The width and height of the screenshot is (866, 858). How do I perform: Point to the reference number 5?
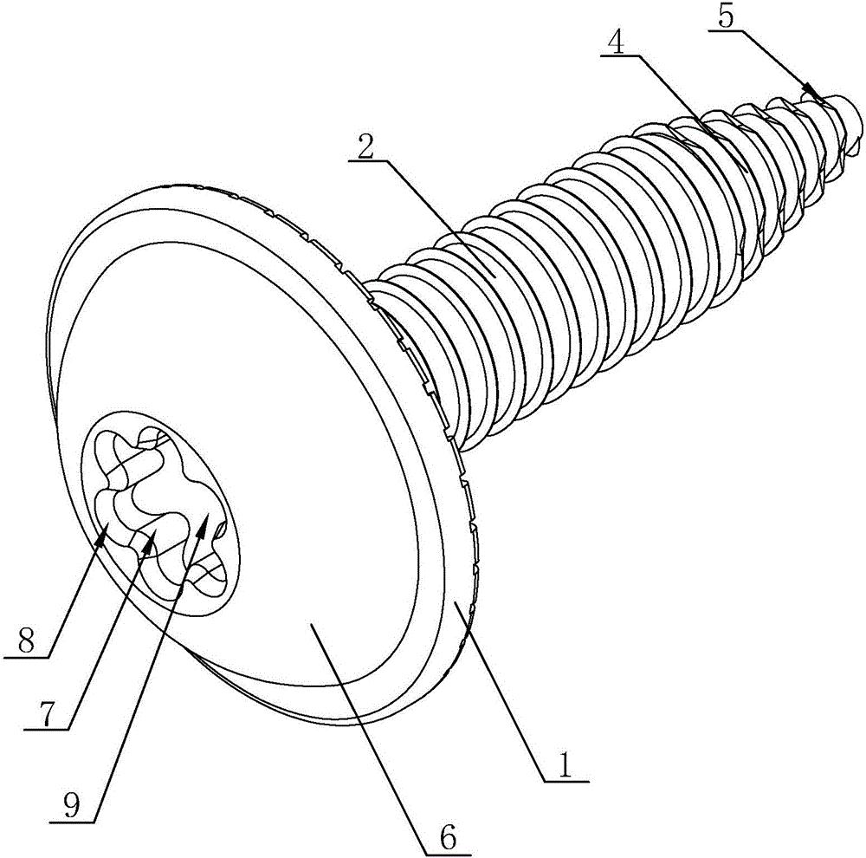pyautogui.click(x=726, y=16)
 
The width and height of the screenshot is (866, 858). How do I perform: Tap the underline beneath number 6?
pyautogui.click(x=448, y=854)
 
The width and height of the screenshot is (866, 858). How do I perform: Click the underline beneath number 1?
pyautogui.click(x=566, y=781)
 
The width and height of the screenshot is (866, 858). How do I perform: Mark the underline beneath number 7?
pyautogui.click(x=47, y=731)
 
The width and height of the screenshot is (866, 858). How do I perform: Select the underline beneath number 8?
pyautogui.click(x=26, y=657)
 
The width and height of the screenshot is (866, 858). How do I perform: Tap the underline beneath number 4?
pyautogui.click(x=619, y=55)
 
